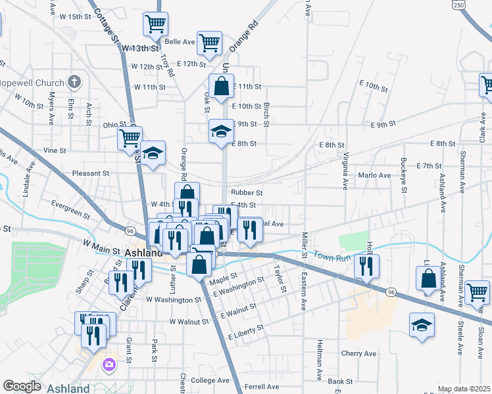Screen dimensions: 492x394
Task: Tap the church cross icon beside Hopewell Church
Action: pyautogui.click(x=75, y=83)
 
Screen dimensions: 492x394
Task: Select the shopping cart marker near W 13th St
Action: pyautogui.click(x=156, y=26)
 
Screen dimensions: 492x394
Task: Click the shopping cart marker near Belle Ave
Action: pyautogui.click(x=209, y=43)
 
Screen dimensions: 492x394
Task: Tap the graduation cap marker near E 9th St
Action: pyautogui.click(x=222, y=131)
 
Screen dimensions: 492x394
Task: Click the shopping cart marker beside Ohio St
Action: pyautogui.click(x=130, y=138)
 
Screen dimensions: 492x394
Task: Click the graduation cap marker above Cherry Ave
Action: pyautogui.click(x=422, y=324)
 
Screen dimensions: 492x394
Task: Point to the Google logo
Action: pyautogui.click(x=22, y=387)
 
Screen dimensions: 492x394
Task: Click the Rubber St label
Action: pyautogui.click(x=247, y=193)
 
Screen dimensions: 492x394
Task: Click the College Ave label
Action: pyautogui.click(x=210, y=380)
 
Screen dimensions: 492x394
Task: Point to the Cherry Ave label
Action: pyautogui.click(x=358, y=353)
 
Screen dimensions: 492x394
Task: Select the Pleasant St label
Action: pyautogui.click(x=91, y=173)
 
